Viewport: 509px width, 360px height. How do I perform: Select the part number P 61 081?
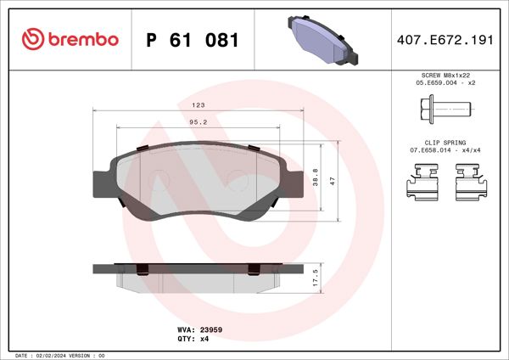(x=193, y=40)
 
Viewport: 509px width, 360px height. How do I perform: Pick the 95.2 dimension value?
(x=199, y=122)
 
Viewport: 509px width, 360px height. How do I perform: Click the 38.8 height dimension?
(x=316, y=177)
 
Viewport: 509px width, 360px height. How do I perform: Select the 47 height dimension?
(x=334, y=181)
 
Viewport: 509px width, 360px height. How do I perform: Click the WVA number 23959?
(x=211, y=328)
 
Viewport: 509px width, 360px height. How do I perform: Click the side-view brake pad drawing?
(x=197, y=274)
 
